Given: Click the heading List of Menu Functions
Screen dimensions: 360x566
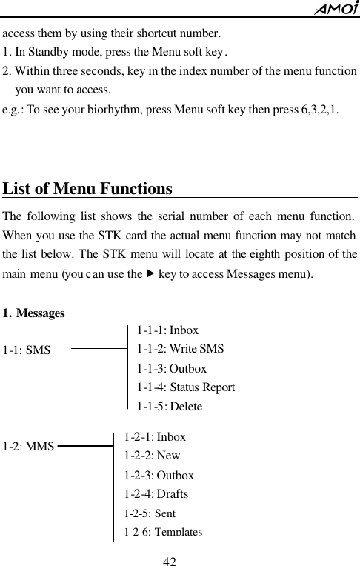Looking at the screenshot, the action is [x=87, y=188].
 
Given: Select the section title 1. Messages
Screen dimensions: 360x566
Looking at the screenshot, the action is [x=33, y=313].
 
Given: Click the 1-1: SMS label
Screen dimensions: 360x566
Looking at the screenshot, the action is [x=27, y=350].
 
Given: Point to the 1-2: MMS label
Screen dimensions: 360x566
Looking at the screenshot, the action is [x=28, y=447].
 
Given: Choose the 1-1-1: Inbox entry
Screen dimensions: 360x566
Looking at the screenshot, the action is [x=167, y=330].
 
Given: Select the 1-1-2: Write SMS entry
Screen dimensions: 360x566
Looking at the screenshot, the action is [x=180, y=349].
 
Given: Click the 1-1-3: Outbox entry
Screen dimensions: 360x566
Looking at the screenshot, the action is [x=172, y=368].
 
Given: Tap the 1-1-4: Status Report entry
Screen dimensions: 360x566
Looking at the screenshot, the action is [x=186, y=387].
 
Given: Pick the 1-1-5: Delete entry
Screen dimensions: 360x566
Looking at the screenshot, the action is [x=170, y=406].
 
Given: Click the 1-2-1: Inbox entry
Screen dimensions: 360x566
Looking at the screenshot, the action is [x=155, y=437].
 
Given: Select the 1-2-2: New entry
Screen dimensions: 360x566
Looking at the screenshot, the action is [x=152, y=456].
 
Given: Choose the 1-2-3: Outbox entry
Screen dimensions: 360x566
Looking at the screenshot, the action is [x=159, y=475].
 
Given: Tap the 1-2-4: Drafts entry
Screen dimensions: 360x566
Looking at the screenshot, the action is [x=156, y=494].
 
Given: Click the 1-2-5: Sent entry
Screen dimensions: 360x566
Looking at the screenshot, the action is [x=150, y=513].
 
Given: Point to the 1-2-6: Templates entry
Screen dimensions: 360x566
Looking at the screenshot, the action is [x=163, y=531].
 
